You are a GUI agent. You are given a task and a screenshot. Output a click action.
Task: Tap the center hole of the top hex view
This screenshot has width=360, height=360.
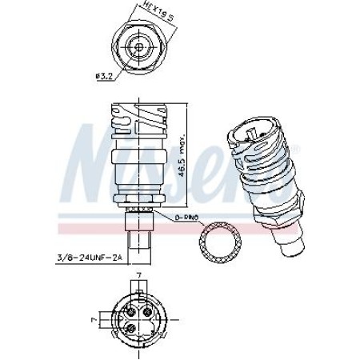139,47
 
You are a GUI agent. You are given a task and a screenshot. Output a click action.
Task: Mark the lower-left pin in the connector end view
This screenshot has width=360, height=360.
130,328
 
